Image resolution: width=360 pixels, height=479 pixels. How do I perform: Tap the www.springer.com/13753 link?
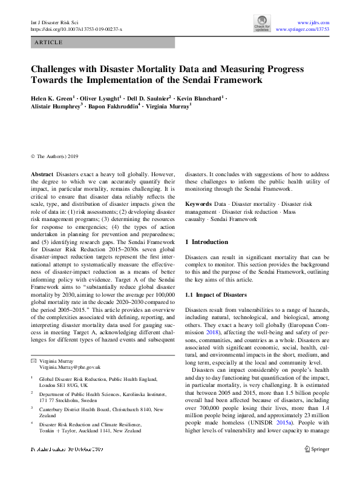click(303, 28)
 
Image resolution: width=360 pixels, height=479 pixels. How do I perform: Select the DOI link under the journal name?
click(76, 28)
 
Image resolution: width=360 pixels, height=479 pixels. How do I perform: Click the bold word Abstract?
click(42, 173)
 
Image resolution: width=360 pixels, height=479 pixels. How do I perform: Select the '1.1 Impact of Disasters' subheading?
click(216, 295)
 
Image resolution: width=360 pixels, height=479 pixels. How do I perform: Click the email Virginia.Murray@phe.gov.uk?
click(70, 368)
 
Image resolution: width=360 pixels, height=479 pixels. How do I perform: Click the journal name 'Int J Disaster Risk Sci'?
click(54, 21)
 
